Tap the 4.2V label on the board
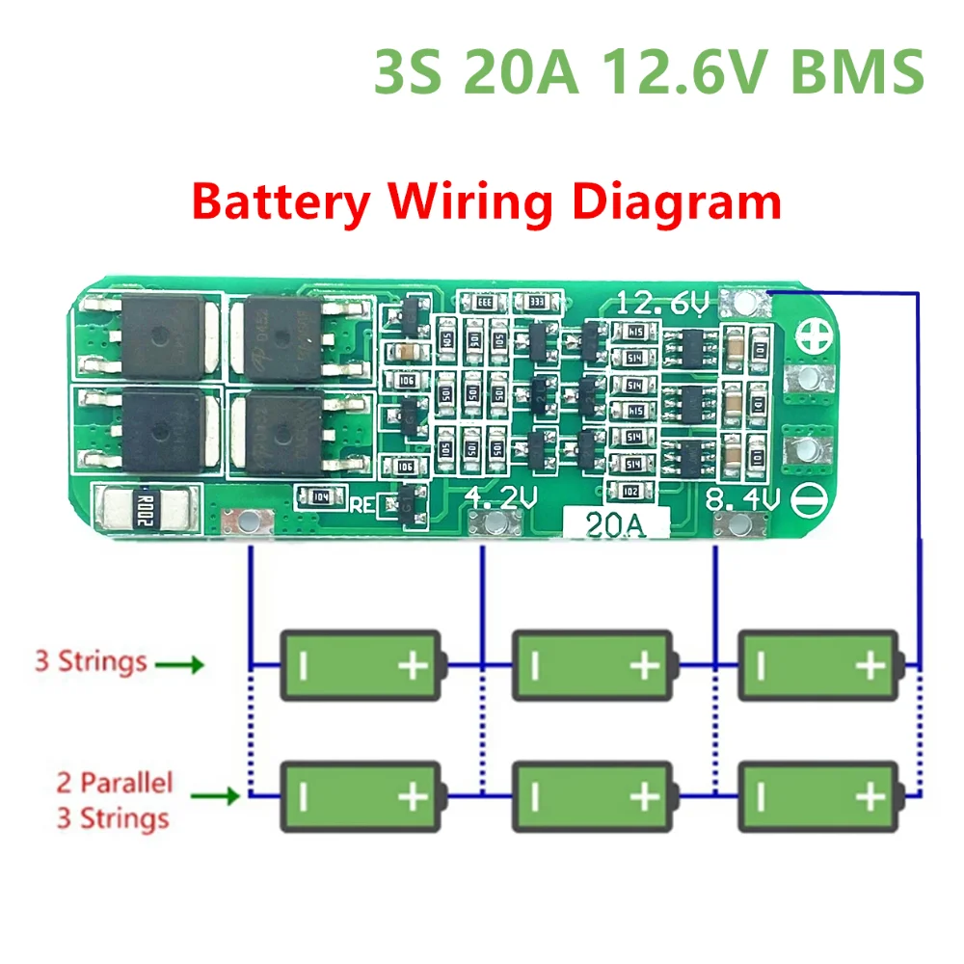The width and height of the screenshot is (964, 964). point(498,497)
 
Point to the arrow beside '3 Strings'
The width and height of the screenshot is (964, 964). point(181,664)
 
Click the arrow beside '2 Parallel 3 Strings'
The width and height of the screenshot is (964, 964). point(216,797)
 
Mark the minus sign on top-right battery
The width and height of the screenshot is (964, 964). point(761,665)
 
